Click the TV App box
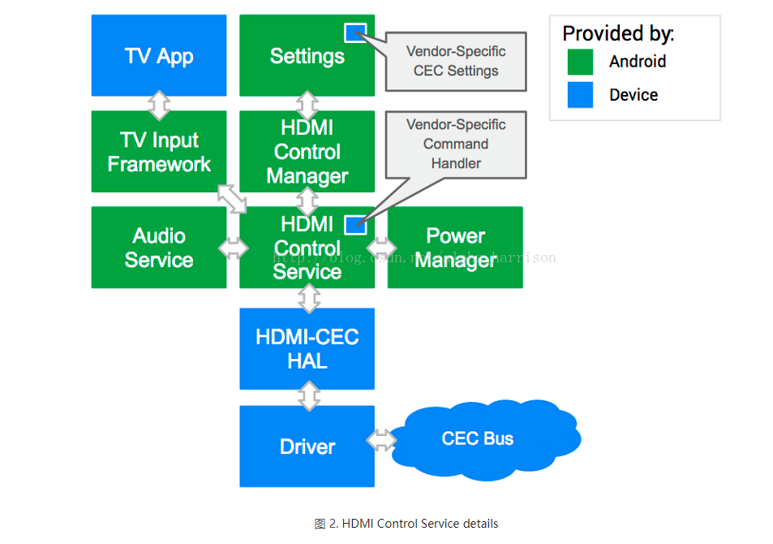[159, 55]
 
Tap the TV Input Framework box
[159, 152]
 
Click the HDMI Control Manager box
[307, 152]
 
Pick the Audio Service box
[159, 248]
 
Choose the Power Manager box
[455, 248]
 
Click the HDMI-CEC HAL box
[307, 348]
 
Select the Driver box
[307, 447]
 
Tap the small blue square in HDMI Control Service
[355, 225]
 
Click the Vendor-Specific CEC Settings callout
[457, 61]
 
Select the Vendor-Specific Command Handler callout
[456, 144]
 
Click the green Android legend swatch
[580, 62]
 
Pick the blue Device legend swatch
[580, 95]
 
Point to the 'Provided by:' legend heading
[618, 33]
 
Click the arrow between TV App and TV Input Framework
[160, 103]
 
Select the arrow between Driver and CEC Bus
[381, 440]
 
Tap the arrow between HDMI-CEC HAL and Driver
[308, 397]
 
